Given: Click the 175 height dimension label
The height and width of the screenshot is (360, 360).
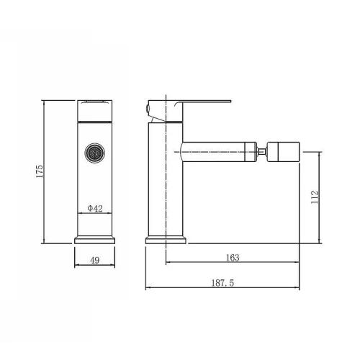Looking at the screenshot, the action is (40, 171).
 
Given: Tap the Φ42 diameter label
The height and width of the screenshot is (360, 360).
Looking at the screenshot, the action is (95, 208).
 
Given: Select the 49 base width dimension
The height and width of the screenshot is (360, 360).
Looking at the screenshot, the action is (95, 260).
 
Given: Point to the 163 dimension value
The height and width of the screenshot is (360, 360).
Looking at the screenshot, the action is (233, 258).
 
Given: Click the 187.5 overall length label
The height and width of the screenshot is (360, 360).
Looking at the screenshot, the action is (222, 283).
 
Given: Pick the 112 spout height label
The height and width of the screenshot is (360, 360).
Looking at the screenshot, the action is (315, 197).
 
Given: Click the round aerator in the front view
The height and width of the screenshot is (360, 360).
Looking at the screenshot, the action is (95, 153).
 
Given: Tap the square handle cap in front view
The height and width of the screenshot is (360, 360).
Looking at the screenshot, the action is (95, 111).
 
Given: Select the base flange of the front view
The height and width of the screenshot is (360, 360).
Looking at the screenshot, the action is (95, 240).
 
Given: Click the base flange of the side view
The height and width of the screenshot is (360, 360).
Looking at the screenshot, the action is (166, 240).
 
